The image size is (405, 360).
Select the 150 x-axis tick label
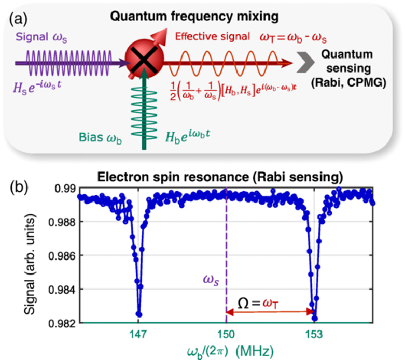(226, 334)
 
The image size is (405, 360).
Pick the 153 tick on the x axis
(313, 334)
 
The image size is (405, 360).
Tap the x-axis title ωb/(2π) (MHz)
(226, 350)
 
